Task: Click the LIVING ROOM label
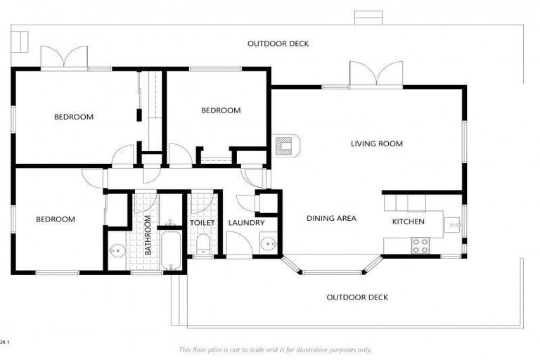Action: pyautogui.click(x=377, y=144)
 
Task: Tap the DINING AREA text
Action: pyautogui.click(x=331, y=219)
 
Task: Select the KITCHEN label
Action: pyautogui.click(x=409, y=222)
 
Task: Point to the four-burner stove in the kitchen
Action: pyautogui.click(x=420, y=245)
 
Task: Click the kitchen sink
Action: pyautogui.click(x=453, y=226)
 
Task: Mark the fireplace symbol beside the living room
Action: pyautogui.click(x=286, y=146)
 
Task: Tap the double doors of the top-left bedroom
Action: pyautogui.click(x=64, y=58)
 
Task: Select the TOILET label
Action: pyautogui.click(x=202, y=223)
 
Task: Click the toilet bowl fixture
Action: pyautogui.click(x=202, y=245)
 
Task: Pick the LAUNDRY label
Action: pyautogui.click(x=246, y=223)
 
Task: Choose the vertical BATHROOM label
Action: pyautogui.click(x=148, y=235)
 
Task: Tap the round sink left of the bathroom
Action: pyautogui.click(x=116, y=248)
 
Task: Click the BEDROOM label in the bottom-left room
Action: pyautogui.click(x=56, y=219)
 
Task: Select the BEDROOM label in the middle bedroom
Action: pyautogui.click(x=221, y=110)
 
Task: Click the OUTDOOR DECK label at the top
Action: pyautogui.click(x=278, y=44)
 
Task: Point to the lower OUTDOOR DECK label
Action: pyautogui.click(x=357, y=297)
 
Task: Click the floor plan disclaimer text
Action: pyautogui.click(x=275, y=349)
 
